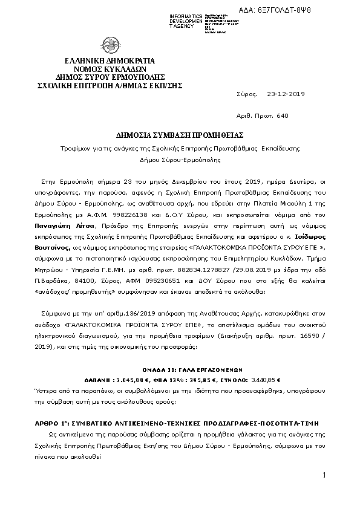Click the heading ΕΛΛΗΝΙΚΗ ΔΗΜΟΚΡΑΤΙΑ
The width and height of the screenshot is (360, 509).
pos(110,61)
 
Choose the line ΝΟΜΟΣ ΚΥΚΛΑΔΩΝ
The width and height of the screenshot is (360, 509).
pos(110,70)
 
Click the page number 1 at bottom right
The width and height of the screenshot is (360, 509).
pos(324,476)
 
